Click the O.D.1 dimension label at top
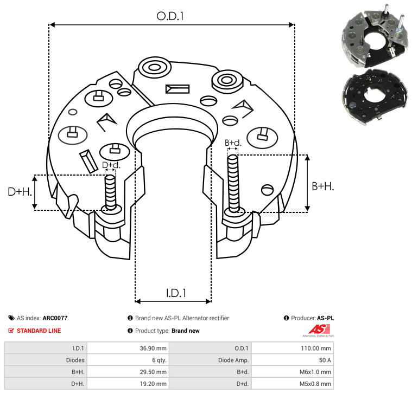(170, 16)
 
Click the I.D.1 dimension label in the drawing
(176, 293)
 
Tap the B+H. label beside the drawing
(322, 186)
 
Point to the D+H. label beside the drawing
(20, 192)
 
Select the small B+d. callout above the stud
(233, 143)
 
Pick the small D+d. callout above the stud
(111, 165)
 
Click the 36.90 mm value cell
(153, 348)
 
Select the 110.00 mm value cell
(316, 348)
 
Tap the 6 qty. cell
(159, 360)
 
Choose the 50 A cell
(325, 360)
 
